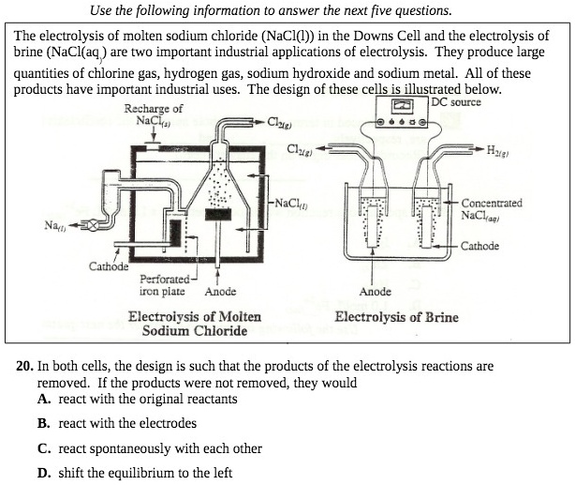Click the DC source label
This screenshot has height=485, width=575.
pyautogui.click(x=456, y=102)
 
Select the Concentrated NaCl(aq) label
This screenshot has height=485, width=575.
pyautogui.click(x=491, y=208)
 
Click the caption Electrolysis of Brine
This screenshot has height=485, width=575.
pyautogui.click(x=396, y=316)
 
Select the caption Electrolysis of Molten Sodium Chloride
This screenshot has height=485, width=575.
pyautogui.click(x=194, y=324)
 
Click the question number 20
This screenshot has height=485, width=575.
pyautogui.click(x=25, y=366)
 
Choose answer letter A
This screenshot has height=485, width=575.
pyautogui.click(x=44, y=399)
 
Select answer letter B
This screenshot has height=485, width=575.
pyautogui.click(x=44, y=423)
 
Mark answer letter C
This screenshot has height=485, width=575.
pyautogui.click(x=44, y=448)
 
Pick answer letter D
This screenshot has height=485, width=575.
pyautogui.click(x=44, y=473)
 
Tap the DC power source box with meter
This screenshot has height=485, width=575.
pyautogui.click(x=406, y=112)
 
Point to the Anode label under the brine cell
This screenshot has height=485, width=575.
pyautogui.click(x=376, y=292)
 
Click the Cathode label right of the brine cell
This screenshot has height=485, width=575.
pyautogui.click(x=480, y=247)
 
